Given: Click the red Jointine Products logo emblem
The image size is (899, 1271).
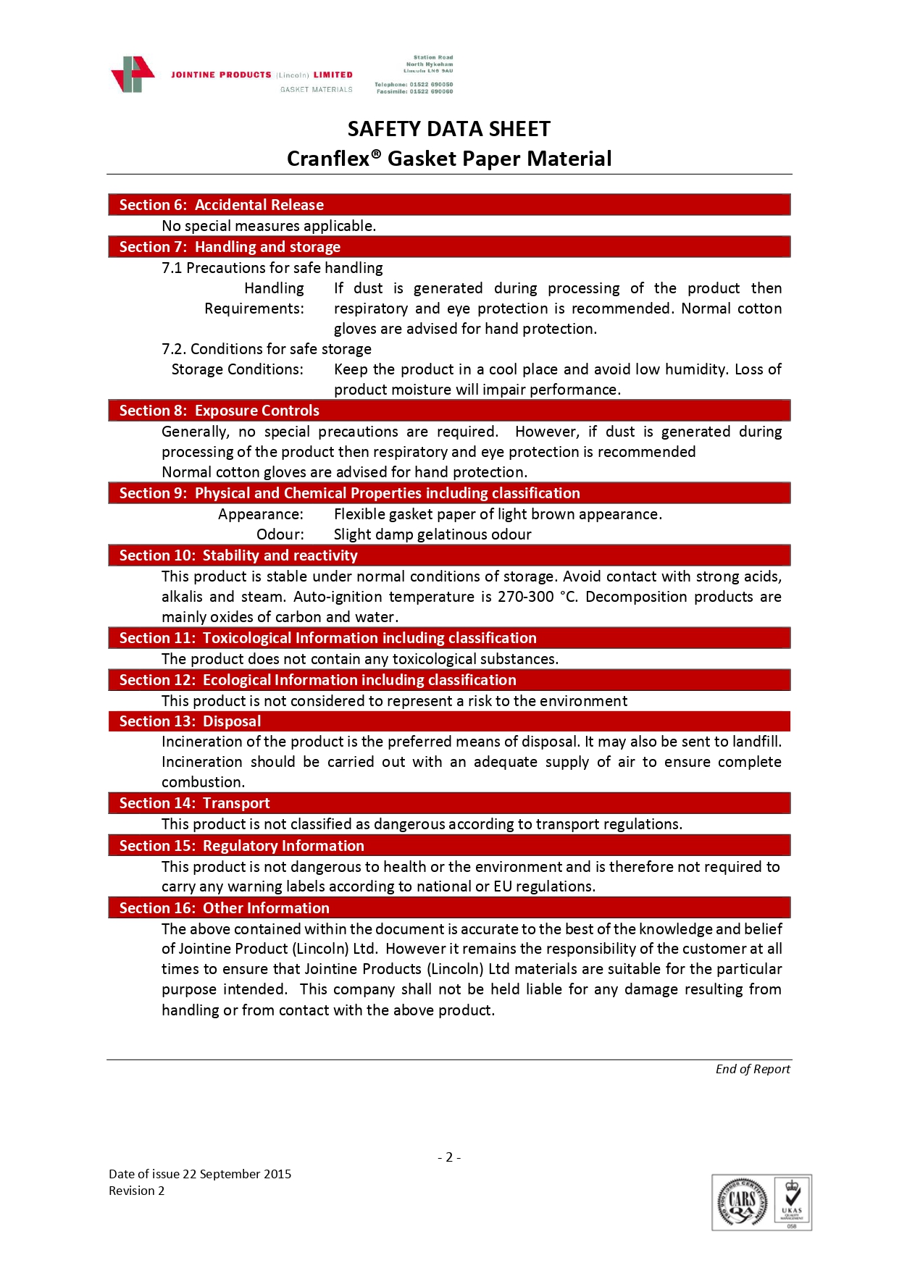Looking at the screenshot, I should pyautogui.click(x=133, y=75).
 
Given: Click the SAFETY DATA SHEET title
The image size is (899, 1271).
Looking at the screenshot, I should pyautogui.click(x=448, y=129).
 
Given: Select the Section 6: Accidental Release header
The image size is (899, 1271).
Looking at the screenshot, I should pyautogui.click(x=221, y=205).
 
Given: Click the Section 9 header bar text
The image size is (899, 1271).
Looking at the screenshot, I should pyautogui.click(x=349, y=493).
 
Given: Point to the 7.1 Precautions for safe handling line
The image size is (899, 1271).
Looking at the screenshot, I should pyautogui.click(x=272, y=268).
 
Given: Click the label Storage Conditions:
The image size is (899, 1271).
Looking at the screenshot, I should pyautogui.click(x=237, y=369).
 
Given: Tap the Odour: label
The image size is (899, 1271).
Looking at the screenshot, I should pyautogui.click(x=280, y=534).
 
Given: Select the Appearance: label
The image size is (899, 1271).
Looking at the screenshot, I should pyautogui.click(x=261, y=514).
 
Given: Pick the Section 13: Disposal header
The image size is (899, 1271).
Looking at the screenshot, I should pyautogui.click(x=190, y=721).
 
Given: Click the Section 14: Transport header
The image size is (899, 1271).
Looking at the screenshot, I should pyautogui.click(x=194, y=803).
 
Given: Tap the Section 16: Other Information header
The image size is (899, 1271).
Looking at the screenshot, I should pyautogui.click(x=224, y=908).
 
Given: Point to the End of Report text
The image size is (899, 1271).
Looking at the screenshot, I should pyautogui.click(x=752, y=1069).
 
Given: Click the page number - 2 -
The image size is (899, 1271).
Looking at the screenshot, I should pyautogui.click(x=449, y=1157).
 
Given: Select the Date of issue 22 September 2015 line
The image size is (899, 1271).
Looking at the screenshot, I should pyautogui.click(x=200, y=1174).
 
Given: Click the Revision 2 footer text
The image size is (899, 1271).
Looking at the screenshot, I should pyautogui.click(x=136, y=1191).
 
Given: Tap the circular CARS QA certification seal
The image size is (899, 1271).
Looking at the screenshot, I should pyautogui.click(x=742, y=1202).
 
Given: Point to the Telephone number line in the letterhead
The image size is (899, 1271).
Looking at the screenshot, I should pyautogui.click(x=414, y=85).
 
